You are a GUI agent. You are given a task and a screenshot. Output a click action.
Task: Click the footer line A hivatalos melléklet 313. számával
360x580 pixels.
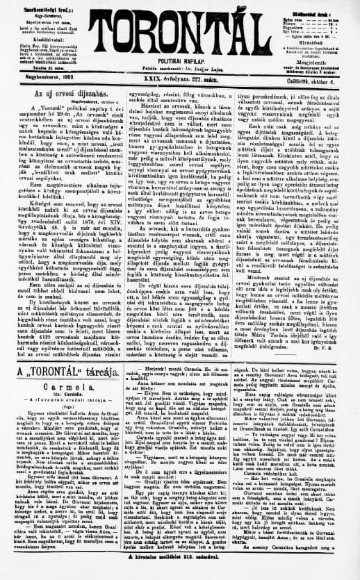click(180, 574)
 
